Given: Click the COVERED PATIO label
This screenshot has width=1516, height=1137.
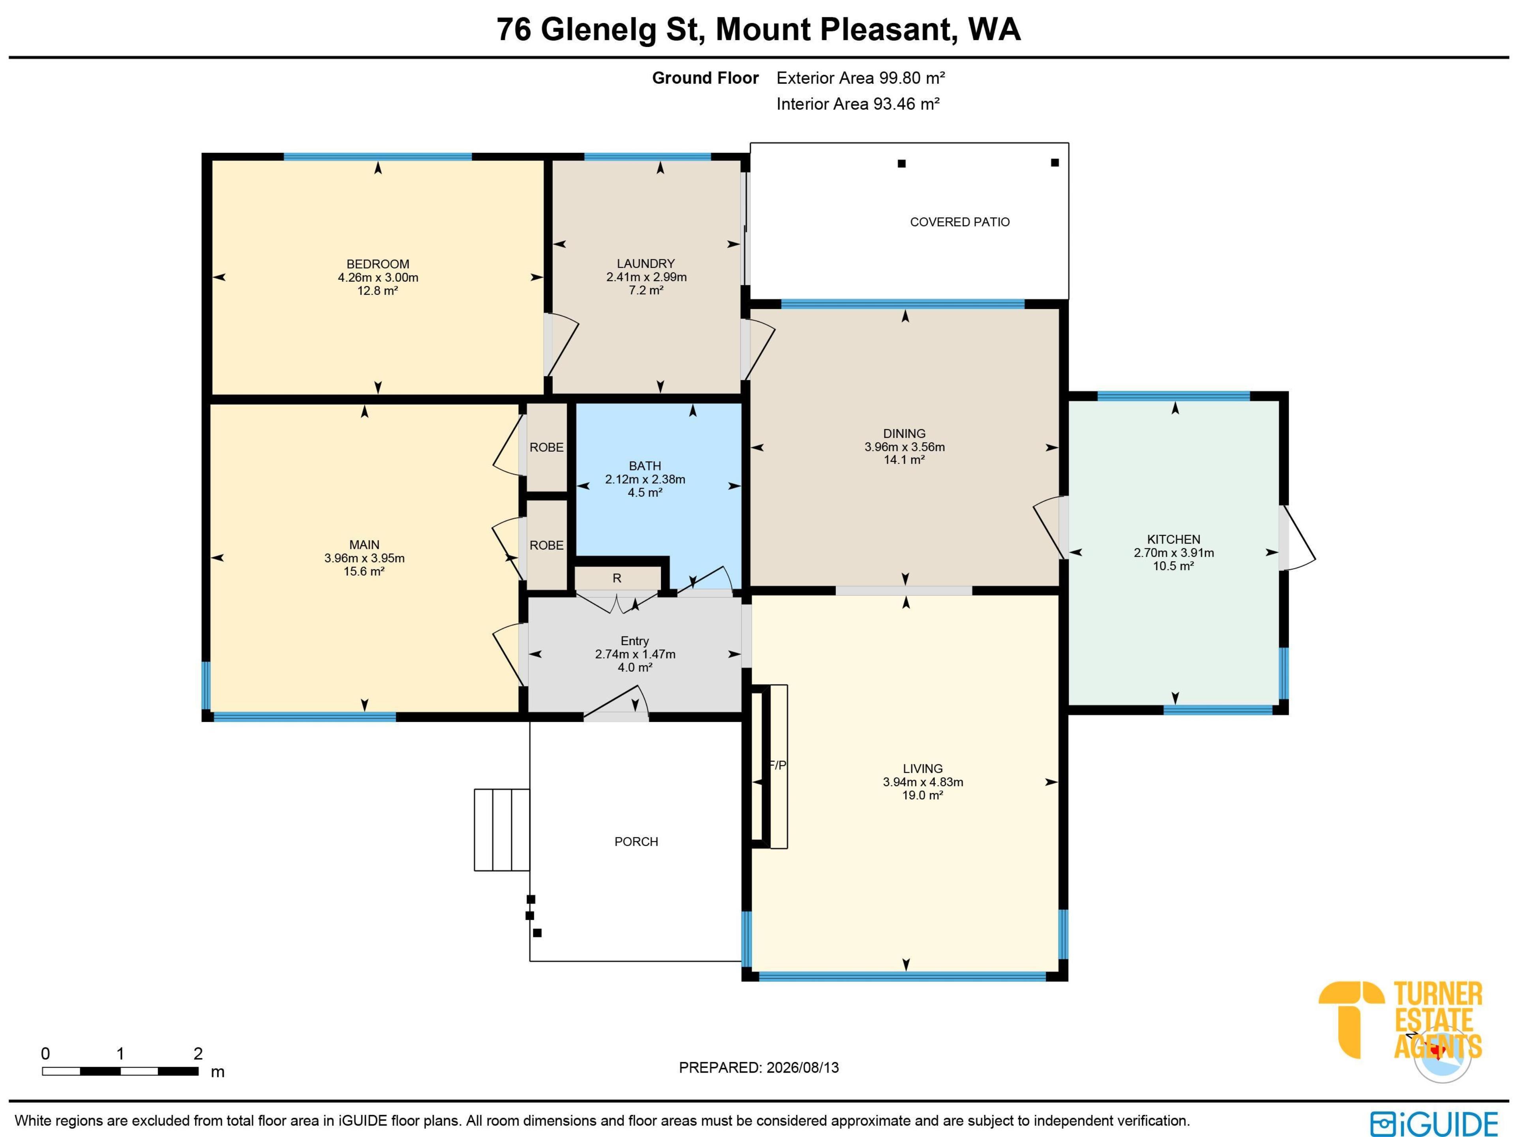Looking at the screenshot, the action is [x=959, y=222].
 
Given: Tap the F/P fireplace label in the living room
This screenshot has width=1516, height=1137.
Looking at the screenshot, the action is [x=778, y=766].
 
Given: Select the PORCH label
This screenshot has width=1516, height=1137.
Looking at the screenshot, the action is [x=636, y=842].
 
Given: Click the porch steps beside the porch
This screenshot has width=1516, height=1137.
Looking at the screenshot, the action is [x=502, y=829].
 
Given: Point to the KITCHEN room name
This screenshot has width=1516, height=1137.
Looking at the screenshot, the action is [x=1173, y=539].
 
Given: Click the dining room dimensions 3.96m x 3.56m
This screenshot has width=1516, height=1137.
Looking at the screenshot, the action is [x=905, y=447].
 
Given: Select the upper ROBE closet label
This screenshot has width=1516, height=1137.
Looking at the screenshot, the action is [x=546, y=448].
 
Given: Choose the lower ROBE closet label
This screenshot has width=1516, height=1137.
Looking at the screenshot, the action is [x=546, y=546].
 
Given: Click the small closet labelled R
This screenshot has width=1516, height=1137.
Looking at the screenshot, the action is [x=617, y=578].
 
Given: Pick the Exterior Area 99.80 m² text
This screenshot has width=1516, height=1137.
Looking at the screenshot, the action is [x=861, y=78].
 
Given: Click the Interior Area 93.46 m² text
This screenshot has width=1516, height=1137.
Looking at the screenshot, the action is [x=857, y=104].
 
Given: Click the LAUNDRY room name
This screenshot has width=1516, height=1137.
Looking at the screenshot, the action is [x=645, y=264].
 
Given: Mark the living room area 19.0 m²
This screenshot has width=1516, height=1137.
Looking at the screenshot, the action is [x=923, y=795].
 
